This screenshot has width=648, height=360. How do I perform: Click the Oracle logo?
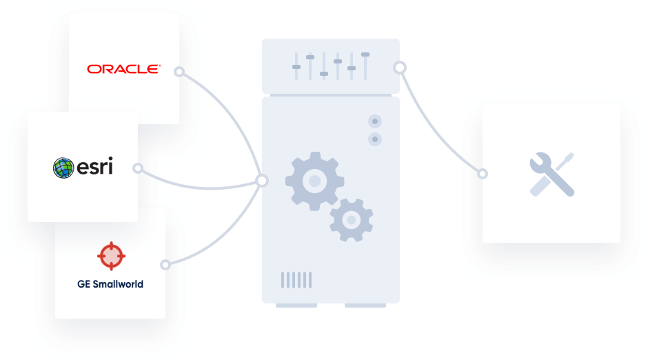tap(123, 69)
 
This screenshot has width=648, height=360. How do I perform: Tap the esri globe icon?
tap(63, 168)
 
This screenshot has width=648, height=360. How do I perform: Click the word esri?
tap(94, 167)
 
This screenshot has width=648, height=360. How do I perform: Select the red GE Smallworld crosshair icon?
tap(110, 256)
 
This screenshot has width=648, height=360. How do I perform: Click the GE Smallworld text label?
tap(110, 283)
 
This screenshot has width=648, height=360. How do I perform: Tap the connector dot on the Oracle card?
tap(179, 71)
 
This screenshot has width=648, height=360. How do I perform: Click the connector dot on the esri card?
tap(138, 168)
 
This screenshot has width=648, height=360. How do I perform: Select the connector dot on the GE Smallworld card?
tap(165, 264)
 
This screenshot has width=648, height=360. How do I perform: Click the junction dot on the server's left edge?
tap(262, 181)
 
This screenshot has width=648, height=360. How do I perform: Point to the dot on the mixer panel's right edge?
tap(399, 68)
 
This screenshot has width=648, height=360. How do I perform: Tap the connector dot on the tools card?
tap(483, 174)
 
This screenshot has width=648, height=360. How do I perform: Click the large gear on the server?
tap(314, 181)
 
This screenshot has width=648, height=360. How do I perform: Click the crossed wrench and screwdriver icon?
tap(551, 174)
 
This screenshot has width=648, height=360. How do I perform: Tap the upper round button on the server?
tap(375, 121)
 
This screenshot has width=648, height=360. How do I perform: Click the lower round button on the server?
tap(375, 139)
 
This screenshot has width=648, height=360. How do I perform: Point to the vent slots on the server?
tap(296, 279)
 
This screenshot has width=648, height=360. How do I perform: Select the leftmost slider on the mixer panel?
tap(296, 66)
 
